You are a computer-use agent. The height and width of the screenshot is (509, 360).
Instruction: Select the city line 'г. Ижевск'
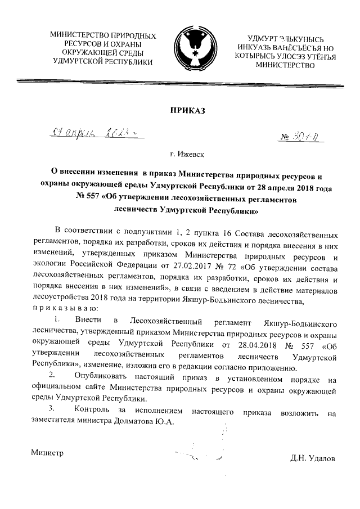(187, 154)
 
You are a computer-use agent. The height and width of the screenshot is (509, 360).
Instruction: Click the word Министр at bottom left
(47, 453)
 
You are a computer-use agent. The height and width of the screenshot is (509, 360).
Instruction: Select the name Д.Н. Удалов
(313, 458)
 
